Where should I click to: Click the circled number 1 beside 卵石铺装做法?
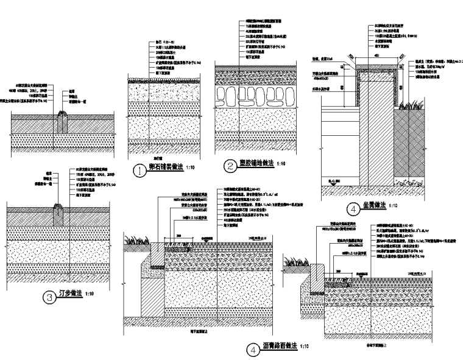click(x=140, y=171)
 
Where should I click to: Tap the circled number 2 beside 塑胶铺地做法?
click(x=230, y=165)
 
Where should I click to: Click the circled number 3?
click(x=49, y=297)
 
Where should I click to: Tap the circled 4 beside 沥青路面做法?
click(x=252, y=350)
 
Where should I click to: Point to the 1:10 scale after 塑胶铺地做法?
click(x=282, y=164)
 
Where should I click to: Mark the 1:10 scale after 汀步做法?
click(x=90, y=294)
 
